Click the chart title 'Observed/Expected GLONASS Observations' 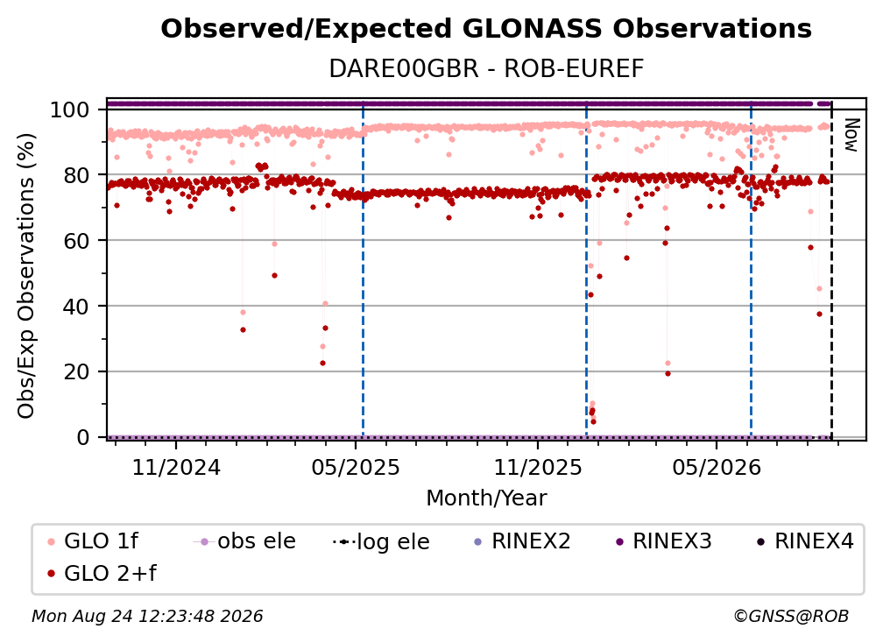[x=486, y=29]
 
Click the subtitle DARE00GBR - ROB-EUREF [x=486, y=68]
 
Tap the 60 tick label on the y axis [x=76, y=240]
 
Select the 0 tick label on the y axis [x=83, y=437]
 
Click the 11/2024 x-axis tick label [x=176, y=467]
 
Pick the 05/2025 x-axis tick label [x=356, y=467]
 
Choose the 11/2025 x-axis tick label [x=538, y=467]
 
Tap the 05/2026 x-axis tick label [x=717, y=467]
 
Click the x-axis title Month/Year [x=486, y=498]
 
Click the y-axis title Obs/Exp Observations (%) [x=26, y=276]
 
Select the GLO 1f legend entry [x=93, y=541]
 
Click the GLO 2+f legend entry [x=102, y=573]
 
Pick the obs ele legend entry [x=244, y=541]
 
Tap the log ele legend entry [x=381, y=541]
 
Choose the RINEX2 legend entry [x=523, y=541]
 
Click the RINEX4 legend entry [x=805, y=541]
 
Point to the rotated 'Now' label [x=851, y=135]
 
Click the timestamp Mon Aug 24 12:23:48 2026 [x=147, y=616]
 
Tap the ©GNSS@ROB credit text [x=791, y=616]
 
